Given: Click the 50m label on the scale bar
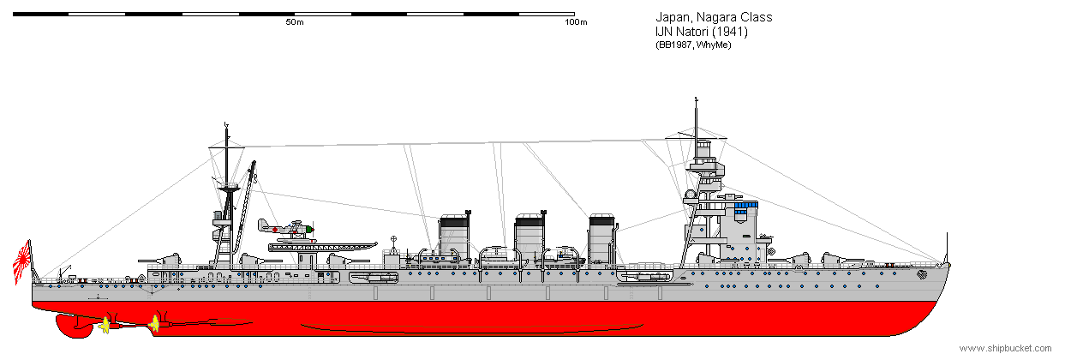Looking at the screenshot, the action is (295, 22).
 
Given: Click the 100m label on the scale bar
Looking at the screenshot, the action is (576, 22).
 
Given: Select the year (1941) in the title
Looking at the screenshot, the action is (730, 32).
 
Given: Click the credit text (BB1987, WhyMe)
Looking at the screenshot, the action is (693, 45).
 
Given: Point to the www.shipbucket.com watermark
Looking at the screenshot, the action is (1005, 348).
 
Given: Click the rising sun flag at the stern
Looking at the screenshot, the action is (22, 262).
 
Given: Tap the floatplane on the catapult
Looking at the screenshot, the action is (286, 230).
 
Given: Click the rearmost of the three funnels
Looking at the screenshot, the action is (454, 237).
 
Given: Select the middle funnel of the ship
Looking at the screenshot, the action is (530, 237).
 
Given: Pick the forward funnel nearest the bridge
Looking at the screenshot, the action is (602, 237).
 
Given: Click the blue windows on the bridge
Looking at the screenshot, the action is (746, 207).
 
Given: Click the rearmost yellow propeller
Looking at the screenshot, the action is (105, 326).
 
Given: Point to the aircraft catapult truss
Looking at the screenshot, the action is (323, 247).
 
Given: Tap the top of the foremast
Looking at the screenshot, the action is (696, 99).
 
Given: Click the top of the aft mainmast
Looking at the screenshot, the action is (226, 125).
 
